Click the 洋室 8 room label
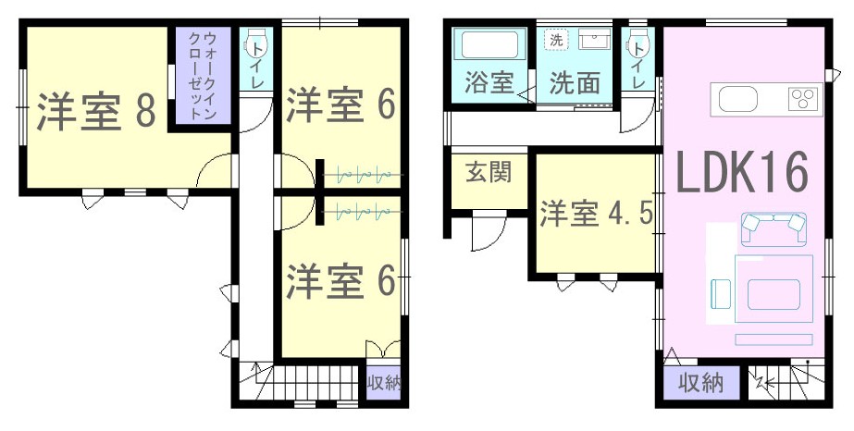point(97,112)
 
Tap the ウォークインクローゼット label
point(203,76)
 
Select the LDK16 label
point(741,173)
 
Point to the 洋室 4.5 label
point(597,214)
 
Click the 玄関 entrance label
point(489,173)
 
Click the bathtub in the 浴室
point(489,44)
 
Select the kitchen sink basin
point(738,99)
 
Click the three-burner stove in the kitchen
point(804,99)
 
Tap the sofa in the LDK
point(774,229)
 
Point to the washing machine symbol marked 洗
point(555,41)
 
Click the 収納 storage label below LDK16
point(700,384)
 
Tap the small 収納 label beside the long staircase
point(383,384)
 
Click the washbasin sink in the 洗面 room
point(594,40)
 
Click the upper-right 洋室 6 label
point(340,105)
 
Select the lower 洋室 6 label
point(340,281)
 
